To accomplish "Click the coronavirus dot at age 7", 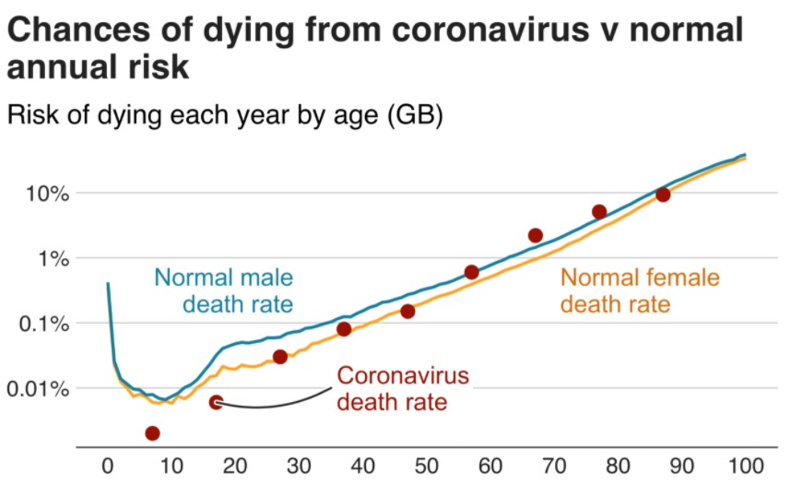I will click(x=152, y=433).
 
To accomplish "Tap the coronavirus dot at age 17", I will click(x=216, y=402).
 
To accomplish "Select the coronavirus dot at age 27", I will click(x=280, y=357).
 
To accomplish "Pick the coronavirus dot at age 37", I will click(x=344, y=329).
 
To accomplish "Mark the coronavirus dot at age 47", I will click(x=407, y=312).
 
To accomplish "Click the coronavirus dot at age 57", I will click(x=471, y=272).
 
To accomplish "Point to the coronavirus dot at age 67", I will click(x=536, y=235).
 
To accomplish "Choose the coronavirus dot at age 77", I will click(x=599, y=211).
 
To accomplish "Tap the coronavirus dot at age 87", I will click(x=662, y=195).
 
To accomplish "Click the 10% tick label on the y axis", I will click(x=41, y=195).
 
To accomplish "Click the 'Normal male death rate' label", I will click(x=223, y=290).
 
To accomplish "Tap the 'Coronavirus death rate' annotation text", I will click(x=403, y=388).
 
